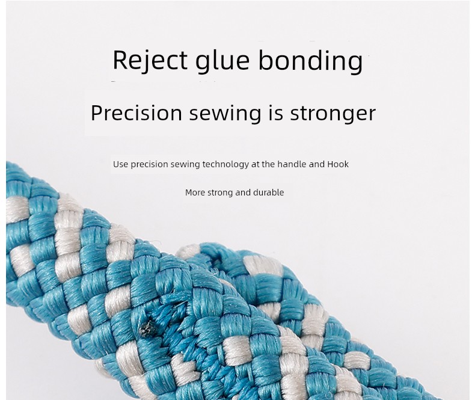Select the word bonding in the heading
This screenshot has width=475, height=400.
click(310, 61)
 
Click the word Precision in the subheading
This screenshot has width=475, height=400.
click(136, 113)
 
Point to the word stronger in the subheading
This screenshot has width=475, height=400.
click(333, 114)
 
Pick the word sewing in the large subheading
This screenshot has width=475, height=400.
click(225, 114)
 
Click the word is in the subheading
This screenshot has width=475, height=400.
click(275, 113)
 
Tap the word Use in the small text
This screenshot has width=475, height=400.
click(121, 164)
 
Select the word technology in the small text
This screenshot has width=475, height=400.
click(225, 165)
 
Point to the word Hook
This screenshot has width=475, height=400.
click(338, 164)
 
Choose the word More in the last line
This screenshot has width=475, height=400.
click(195, 192)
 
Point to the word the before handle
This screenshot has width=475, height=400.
click(268, 164)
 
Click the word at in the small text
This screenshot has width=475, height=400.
click(255, 165)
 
